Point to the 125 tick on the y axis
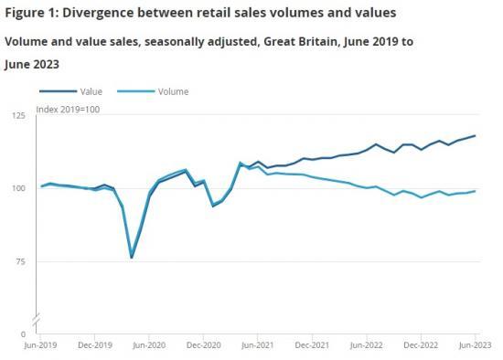(x=18, y=116)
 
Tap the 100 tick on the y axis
(x=18, y=189)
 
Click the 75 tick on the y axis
(x=20, y=262)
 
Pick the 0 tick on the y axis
(x=23, y=335)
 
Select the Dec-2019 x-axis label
(x=95, y=347)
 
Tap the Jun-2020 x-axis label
(x=149, y=347)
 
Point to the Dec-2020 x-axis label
(x=203, y=347)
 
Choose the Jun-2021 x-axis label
(x=258, y=347)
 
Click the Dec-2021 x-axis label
(x=312, y=347)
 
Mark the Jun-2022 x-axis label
(x=366, y=347)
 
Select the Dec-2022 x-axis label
(x=420, y=347)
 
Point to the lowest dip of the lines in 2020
(x=132, y=258)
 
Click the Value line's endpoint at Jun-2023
(x=475, y=136)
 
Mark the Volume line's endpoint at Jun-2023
(x=475, y=191)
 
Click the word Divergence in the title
(x=95, y=13)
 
